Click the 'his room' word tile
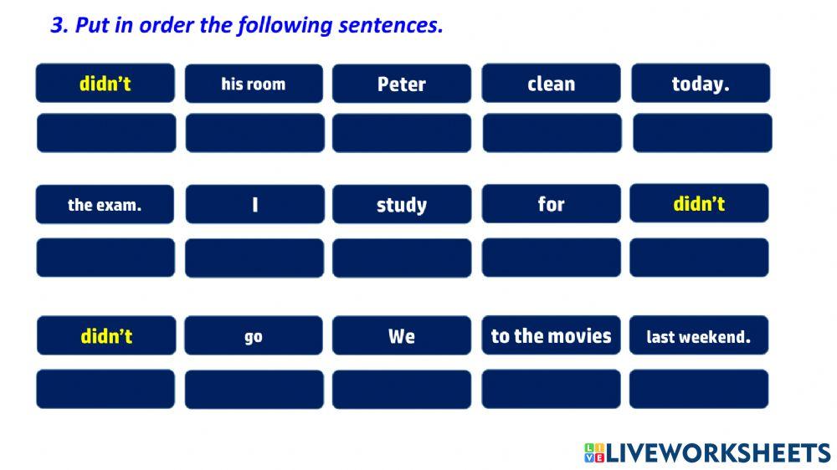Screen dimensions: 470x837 pos(254,84)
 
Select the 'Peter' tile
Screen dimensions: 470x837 pos(402,84)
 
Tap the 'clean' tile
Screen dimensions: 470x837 pos(551,84)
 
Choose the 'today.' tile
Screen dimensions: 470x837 pos(701,84)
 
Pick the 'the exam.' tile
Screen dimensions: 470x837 pos(105,205)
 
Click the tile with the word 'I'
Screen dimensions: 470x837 pos(254,205)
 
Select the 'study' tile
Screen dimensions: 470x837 pos(402,205)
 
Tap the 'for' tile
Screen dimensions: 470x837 pos(551,204)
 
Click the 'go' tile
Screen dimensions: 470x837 pos(254,336)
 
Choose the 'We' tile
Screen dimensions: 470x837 pos(402,336)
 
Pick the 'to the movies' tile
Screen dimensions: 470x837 pos(551,335)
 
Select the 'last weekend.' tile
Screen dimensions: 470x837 pos(698,336)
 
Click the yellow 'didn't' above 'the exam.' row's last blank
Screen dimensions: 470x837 pos(699,203)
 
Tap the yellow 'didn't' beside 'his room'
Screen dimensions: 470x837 pos(105,84)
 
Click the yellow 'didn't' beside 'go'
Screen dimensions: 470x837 pos(106,336)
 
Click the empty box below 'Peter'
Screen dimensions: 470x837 pos(402,133)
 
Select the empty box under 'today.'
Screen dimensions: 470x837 pos(702,133)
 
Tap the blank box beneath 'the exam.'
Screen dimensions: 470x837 pos(105,258)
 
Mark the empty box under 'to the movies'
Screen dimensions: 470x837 pos(551,389)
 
